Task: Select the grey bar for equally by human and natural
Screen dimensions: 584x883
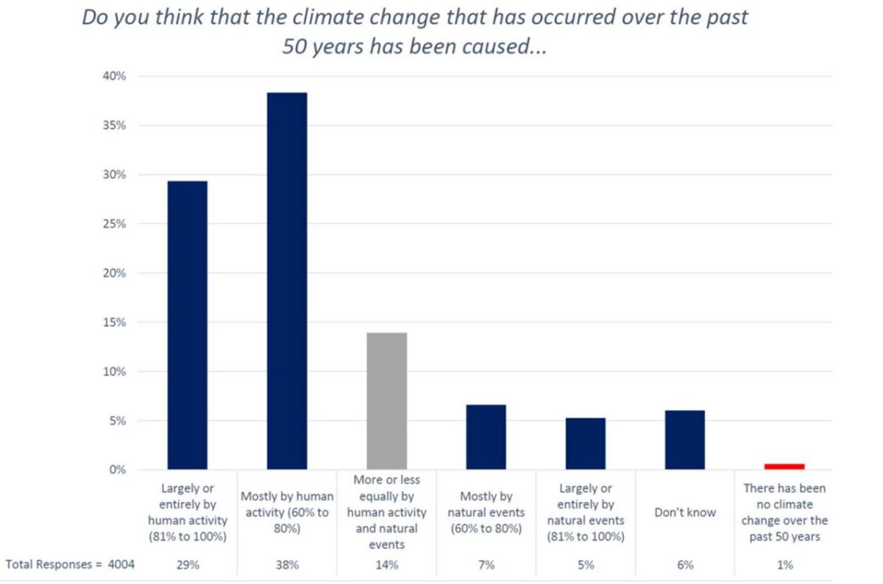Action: coord(386,401)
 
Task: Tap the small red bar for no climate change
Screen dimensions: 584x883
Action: coord(784,466)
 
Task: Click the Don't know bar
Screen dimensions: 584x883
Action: coord(684,440)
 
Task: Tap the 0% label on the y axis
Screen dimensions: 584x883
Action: coord(118,470)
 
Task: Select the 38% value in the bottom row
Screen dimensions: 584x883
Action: coord(287,565)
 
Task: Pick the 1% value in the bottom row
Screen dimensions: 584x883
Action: coord(784,565)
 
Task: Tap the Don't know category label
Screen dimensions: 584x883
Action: coord(684,512)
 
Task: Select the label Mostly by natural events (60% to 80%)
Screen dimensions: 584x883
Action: coord(486,513)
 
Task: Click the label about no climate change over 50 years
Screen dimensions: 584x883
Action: coord(784,513)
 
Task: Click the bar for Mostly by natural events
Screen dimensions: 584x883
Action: coord(486,437)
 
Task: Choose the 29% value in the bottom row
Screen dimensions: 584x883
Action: coord(188,565)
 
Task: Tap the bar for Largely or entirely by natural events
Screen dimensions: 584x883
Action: coord(585,444)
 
